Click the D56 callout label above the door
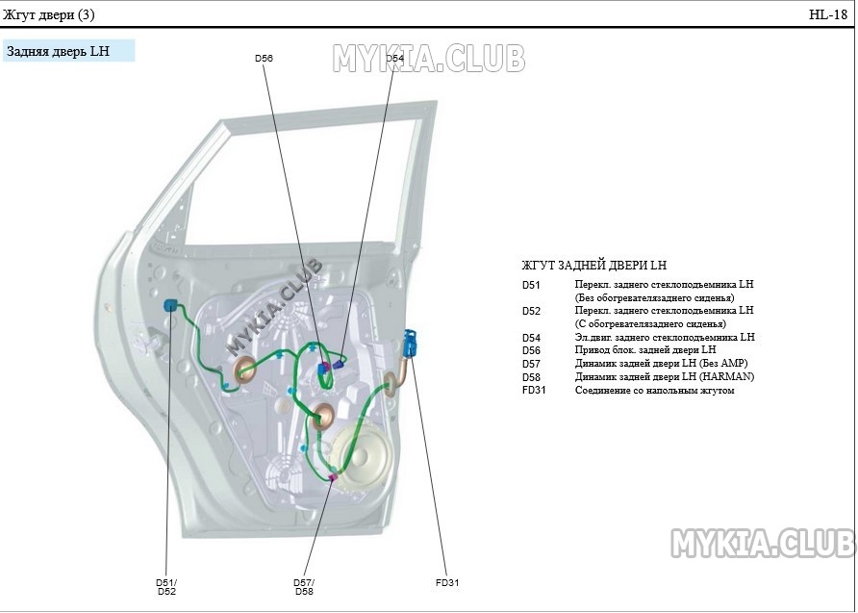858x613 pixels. tap(264, 59)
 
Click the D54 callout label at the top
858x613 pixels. tap(395, 59)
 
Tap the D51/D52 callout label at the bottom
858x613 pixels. tap(166, 587)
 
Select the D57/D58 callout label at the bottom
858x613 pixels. tap(304, 587)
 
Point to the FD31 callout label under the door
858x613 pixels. tap(448, 583)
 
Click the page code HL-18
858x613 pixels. tap(828, 14)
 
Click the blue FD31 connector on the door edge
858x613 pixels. tap(411, 343)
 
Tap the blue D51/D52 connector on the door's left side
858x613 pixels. tap(171, 306)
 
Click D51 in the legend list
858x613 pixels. tap(532, 286)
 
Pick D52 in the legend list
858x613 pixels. tap(532, 312)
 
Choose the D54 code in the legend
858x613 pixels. tap(532, 338)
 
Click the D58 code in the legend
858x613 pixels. tap(532, 377)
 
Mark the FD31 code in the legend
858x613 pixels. tap(534, 391)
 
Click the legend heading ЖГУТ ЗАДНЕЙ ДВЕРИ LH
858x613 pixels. tap(593, 266)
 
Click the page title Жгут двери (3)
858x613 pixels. tap(49, 14)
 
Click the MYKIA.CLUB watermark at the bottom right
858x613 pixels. tap(762, 544)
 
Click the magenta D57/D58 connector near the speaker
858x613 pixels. tap(333, 476)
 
